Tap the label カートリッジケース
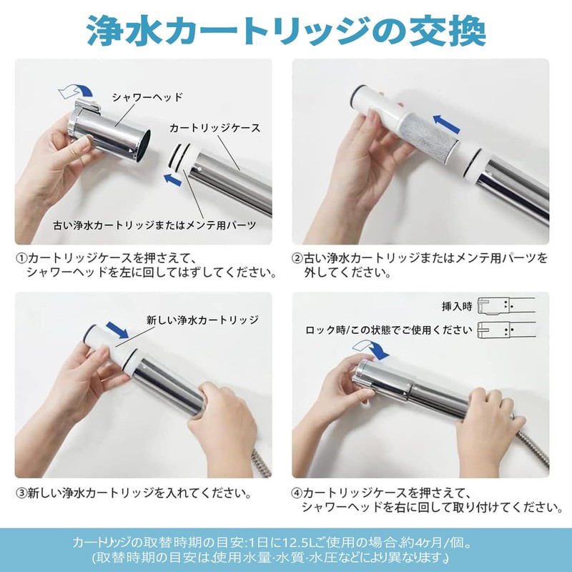[214, 129]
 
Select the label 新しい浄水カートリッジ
[202, 320]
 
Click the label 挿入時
[457, 306]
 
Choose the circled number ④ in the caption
[297, 493]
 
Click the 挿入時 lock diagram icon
[506, 306]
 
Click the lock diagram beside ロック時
[506, 330]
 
